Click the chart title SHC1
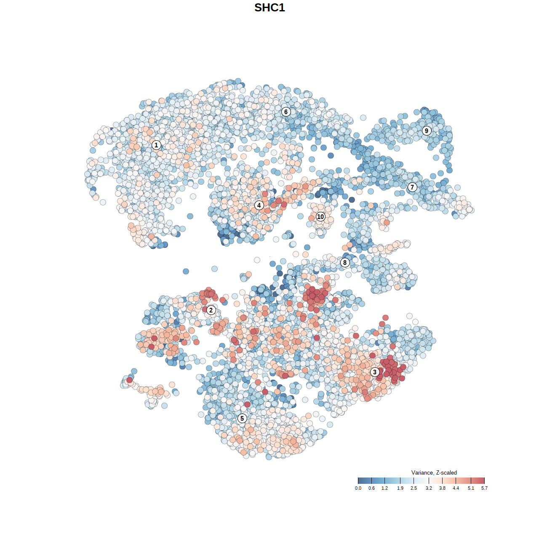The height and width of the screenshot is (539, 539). (269, 8)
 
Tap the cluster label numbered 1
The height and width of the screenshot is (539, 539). (156, 145)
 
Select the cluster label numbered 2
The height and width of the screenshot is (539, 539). (211, 310)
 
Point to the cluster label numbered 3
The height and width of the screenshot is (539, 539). (375, 372)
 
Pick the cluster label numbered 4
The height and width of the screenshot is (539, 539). (259, 205)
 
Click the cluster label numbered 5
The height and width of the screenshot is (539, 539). (242, 418)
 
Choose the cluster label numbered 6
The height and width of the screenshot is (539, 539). (286, 112)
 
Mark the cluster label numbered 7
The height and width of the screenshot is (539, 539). (412, 187)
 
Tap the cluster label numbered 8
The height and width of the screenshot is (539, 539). (345, 263)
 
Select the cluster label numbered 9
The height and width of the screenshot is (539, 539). (427, 131)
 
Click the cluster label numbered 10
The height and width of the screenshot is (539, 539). (320, 216)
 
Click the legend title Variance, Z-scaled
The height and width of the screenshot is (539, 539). (434, 472)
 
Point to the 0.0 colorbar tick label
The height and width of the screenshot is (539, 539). (358, 488)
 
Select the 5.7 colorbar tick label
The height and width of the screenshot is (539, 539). (484, 488)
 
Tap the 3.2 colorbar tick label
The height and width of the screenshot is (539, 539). (429, 488)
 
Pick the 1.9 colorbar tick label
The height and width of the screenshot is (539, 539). (400, 488)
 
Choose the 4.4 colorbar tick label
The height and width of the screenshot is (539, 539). (456, 488)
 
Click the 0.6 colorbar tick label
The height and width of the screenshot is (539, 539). (371, 488)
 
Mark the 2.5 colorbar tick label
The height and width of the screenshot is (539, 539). (414, 488)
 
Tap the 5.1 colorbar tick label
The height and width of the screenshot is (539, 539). (471, 488)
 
